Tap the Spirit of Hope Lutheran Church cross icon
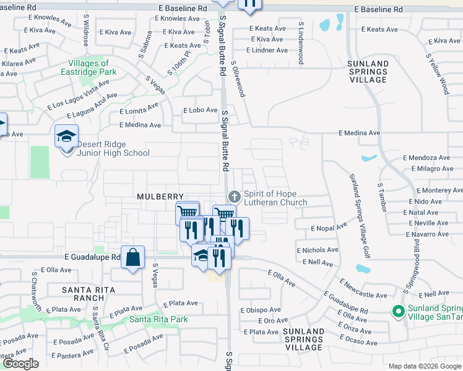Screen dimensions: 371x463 [234, 196]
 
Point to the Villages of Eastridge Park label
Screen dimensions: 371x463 [89, 67]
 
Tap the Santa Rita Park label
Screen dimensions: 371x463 [158, 319]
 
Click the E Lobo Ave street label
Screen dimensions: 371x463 [197, 110]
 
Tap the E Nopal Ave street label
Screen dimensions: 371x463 [329, 228]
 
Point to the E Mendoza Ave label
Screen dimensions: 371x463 [426, 158]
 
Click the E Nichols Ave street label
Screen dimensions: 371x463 [318, 250]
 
